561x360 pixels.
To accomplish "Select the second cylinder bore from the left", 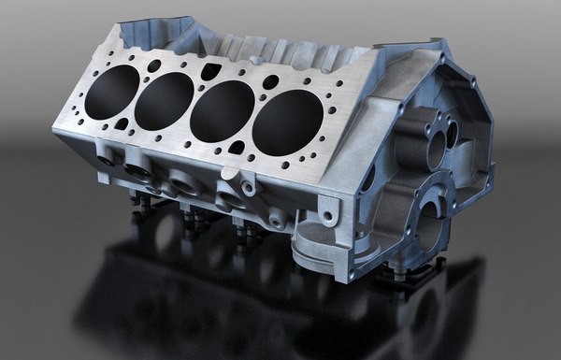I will coord(164,101).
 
